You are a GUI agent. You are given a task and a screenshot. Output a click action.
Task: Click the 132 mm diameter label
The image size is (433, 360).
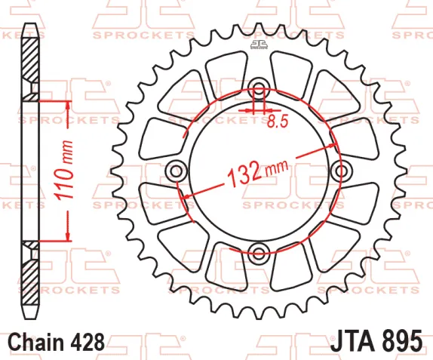pyautogui.click(x=257, y=172)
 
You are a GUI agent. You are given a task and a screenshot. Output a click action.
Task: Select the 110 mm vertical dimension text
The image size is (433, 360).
pyautogui.click(x=64, y=171)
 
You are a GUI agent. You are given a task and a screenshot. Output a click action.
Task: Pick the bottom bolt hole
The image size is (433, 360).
pyautogui.click(x=259, y=252)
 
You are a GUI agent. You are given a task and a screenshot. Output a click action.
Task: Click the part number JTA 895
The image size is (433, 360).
pyautogui.click(x=376, y=341)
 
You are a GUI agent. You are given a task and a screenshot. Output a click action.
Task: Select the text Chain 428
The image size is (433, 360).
pyautogui.click(x=57, y=342)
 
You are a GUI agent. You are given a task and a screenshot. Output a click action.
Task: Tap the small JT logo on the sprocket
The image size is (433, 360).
pyautogui.click(x=259, y=45)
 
